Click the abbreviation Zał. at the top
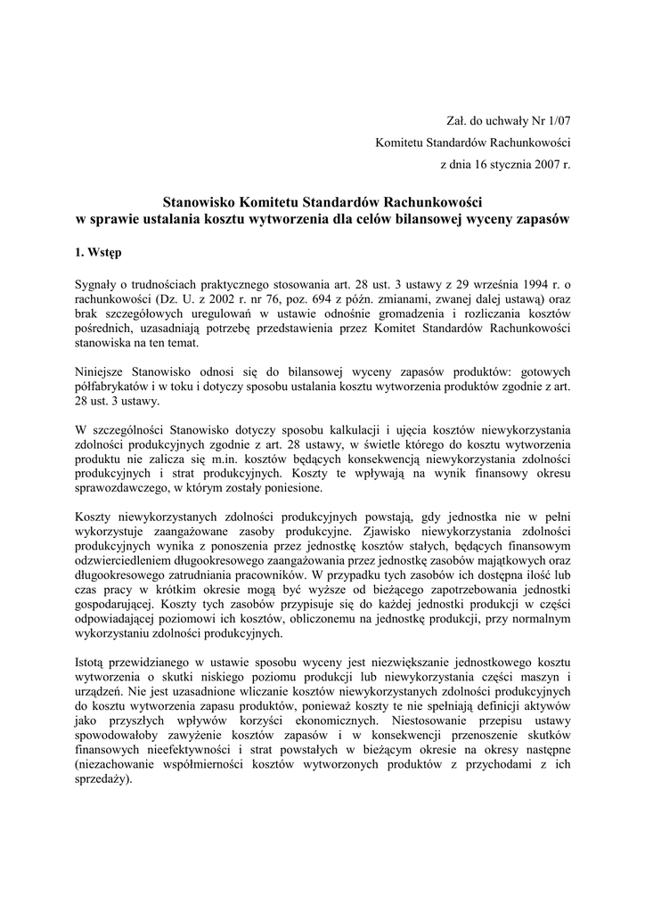(455, 120)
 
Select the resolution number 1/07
(559, 120)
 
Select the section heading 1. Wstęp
(99, 254)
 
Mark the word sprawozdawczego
(123, 488)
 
